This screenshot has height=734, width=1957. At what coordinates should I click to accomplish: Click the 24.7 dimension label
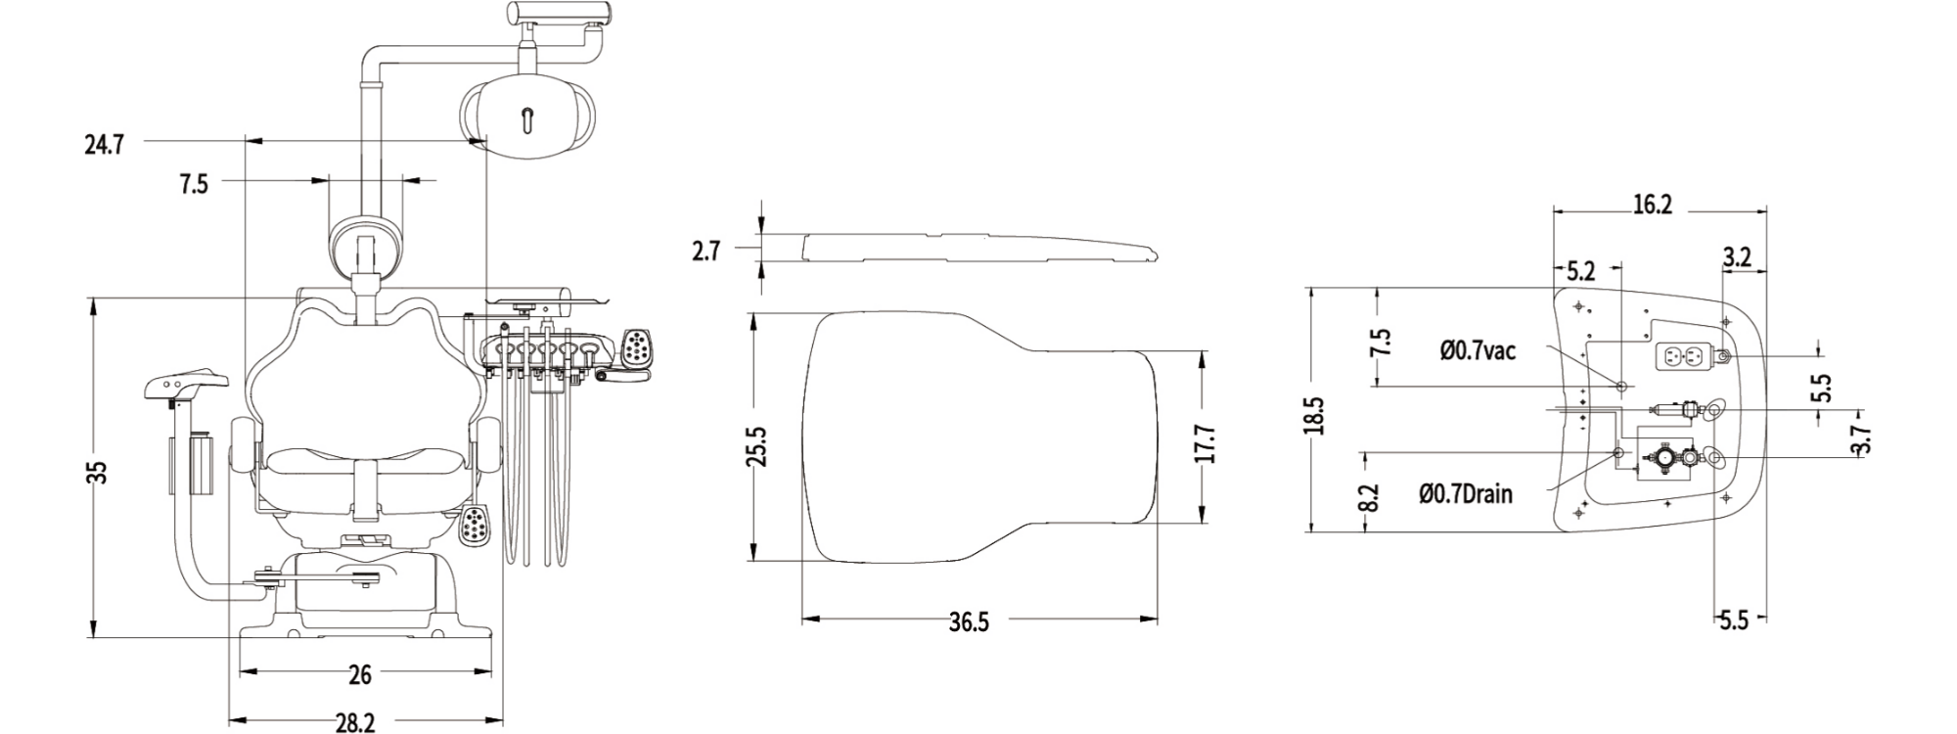(104, 146)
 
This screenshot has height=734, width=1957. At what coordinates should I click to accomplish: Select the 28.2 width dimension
(355, 722)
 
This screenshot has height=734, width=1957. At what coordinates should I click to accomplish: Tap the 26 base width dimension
(360, 674)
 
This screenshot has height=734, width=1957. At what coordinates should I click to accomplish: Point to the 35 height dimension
(97, 473)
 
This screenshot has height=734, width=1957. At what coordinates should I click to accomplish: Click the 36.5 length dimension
(969, 621)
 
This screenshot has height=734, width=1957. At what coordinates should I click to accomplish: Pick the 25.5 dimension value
(757, 446)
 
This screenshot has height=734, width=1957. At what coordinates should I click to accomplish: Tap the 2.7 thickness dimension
(705, 252)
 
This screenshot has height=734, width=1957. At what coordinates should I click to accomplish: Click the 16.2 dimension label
(1652, 205)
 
